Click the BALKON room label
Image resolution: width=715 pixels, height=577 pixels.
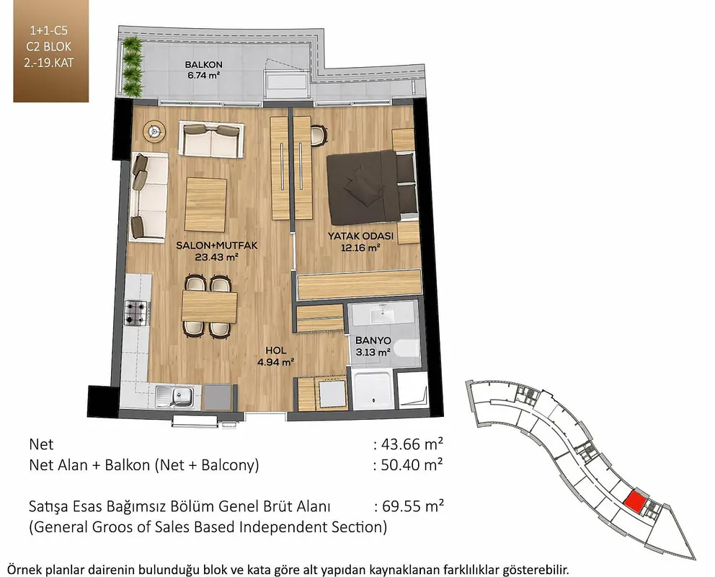tap(203, 64)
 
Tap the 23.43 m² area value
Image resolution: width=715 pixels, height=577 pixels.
tap(217, 257)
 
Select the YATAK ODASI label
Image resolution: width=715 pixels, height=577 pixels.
tap(360, 236)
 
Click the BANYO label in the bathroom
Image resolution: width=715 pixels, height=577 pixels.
tap(373, 340)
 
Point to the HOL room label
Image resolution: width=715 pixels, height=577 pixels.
tap(276, 351)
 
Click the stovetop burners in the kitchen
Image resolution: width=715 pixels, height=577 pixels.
tap(137, 313)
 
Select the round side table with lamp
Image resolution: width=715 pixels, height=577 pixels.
tap(154, 132)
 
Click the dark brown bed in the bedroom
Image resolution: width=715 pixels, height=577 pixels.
tap(372, 188)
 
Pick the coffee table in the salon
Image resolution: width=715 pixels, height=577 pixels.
tap(205, 205)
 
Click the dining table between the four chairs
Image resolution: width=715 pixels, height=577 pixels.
tap(209, 307)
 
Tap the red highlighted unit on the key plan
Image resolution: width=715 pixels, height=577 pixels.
tap(634, 503)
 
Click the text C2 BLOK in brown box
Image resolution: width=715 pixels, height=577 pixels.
tap(49, 47)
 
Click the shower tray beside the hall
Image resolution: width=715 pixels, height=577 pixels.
tap(373, 389)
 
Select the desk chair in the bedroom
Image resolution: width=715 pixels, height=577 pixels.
tap(319, 135)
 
